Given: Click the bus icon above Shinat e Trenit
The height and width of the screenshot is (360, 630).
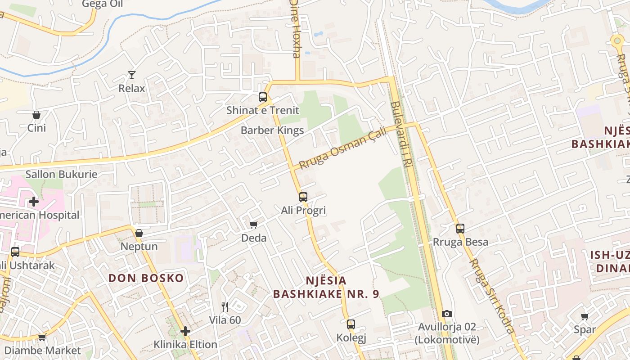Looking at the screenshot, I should [x=263, y=97].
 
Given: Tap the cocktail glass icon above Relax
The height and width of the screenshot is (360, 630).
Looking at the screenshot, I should [x=132, y=75].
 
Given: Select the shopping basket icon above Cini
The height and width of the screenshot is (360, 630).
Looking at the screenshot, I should [x=36, y=115].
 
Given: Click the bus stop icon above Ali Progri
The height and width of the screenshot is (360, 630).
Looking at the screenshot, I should [x=303, y=197].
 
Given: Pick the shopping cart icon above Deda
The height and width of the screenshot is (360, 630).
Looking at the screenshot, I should [x=254, y=225].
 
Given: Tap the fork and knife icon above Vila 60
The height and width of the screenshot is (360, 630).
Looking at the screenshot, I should [x=225, y=307].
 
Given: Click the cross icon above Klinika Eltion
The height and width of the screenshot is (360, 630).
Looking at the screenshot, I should [x=185, y=331].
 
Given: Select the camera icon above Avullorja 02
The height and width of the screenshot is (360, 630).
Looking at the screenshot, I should [x=447, y=314].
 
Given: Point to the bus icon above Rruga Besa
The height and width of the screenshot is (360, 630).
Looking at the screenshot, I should [x=460, y=229].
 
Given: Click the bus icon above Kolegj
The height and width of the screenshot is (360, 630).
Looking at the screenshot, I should [x=351, y=324].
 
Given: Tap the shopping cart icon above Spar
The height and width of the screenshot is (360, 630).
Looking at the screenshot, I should [x=585, y=316].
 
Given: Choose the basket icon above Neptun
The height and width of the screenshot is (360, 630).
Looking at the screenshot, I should [x=139, y=233].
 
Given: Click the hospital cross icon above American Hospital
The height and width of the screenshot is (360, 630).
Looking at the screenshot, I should [x=34, y=201].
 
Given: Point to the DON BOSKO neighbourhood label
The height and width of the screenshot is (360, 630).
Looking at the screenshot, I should [x=146, y=278].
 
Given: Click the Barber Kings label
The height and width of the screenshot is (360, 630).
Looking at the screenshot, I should [x=272, y=130].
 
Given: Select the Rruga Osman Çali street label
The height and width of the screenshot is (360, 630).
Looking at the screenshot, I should [x=343, y=148].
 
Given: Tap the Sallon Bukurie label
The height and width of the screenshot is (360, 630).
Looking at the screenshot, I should [x=61, y=174].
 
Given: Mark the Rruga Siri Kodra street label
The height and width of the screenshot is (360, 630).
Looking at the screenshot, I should [x=492, y=296].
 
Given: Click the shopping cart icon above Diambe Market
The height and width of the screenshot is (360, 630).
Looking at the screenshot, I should [x=42, y=337].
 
